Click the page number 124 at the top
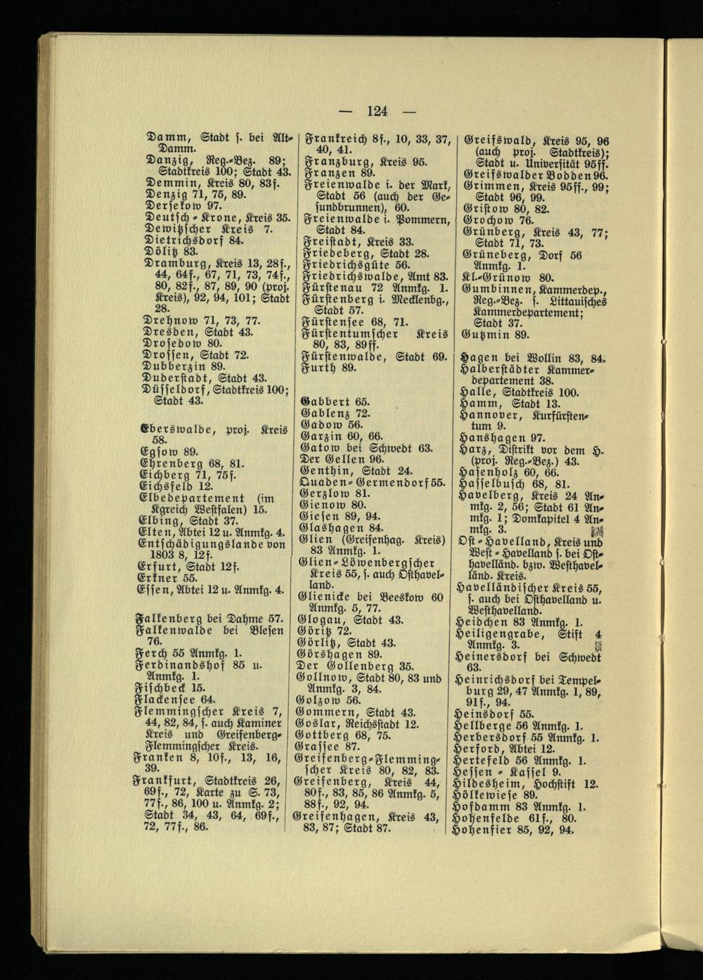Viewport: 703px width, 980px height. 377,110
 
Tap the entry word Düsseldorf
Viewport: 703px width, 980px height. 176,389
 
